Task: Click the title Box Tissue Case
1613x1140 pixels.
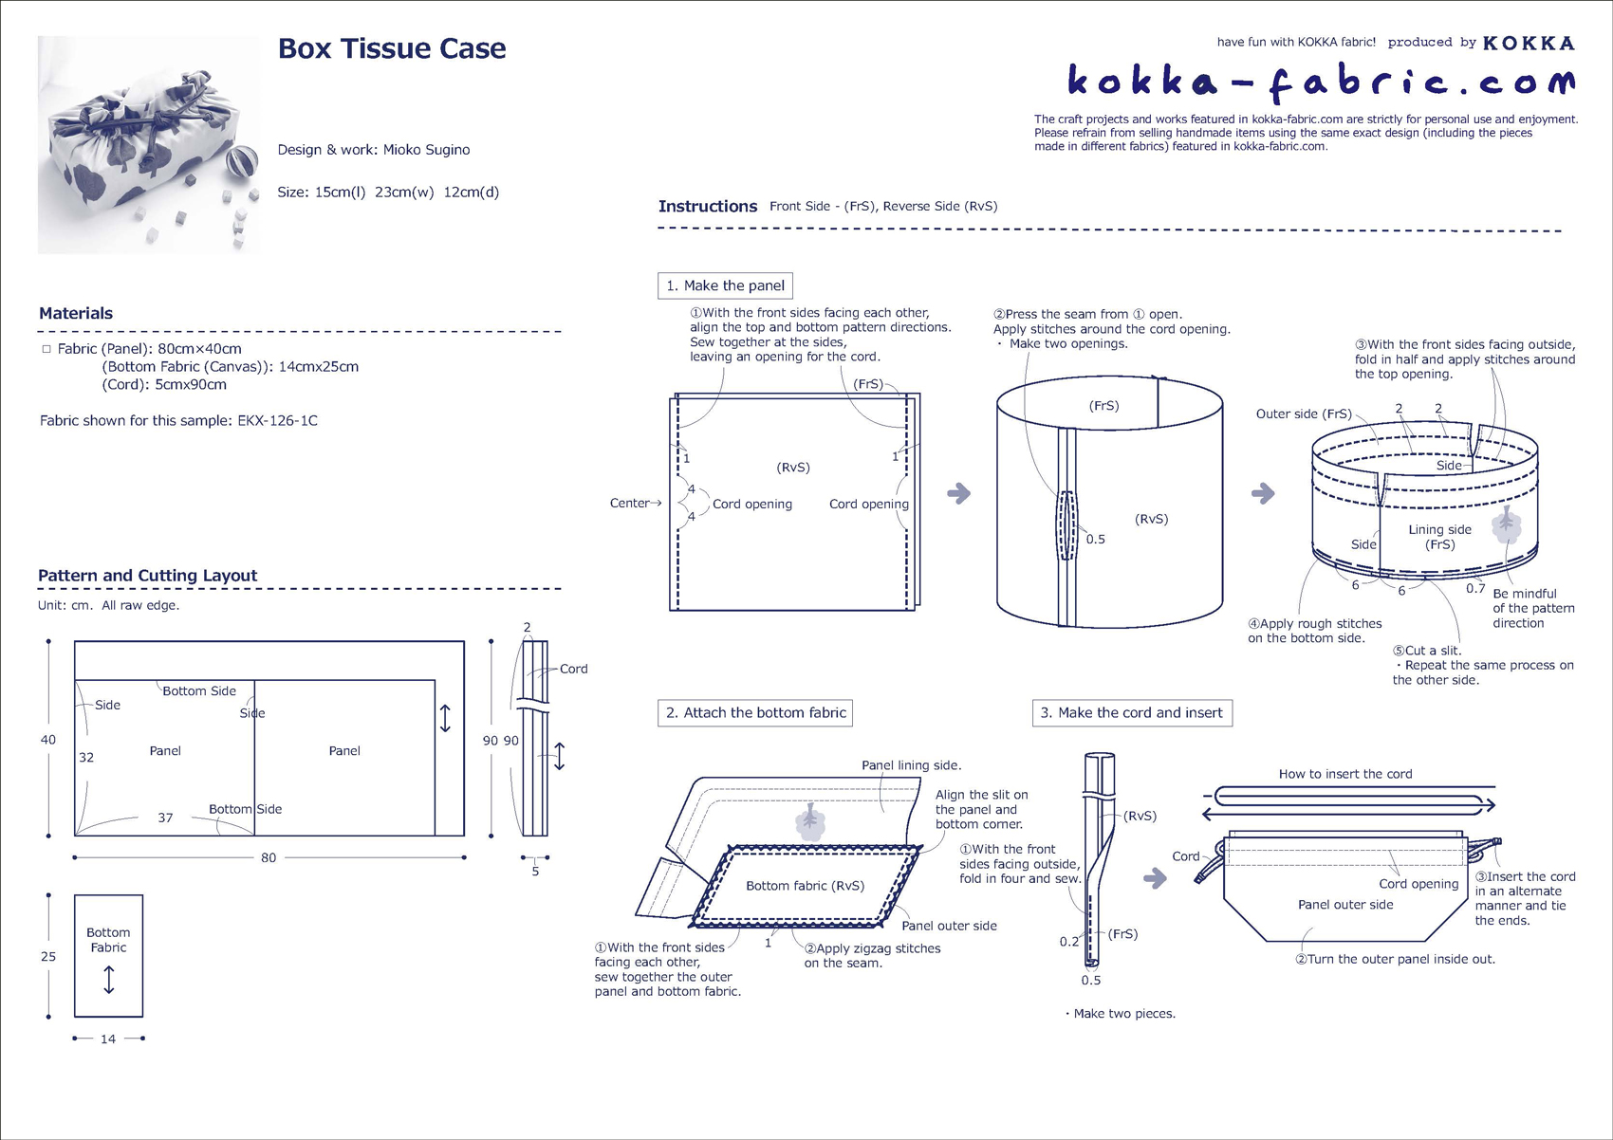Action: coord(391,49)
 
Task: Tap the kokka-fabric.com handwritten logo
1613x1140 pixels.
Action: coord(1320,82)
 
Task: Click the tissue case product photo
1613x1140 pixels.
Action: coord(149,144)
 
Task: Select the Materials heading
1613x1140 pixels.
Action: coord(76,314)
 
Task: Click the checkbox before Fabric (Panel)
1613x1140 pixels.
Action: coord(46,349)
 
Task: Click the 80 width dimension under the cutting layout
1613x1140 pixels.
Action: coord(269,857)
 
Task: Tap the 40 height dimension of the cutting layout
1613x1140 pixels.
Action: coord(48,740)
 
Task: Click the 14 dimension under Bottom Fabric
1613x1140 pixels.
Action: coord(108,1039)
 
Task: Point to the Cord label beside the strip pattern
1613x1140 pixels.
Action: coord(573,669)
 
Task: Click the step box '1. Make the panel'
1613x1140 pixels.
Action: coord(725,285)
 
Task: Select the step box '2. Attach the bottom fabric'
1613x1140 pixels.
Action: coord(755,713)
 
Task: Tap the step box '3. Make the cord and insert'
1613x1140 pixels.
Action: coord(1131,713)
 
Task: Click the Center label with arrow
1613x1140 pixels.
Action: coord(634,504)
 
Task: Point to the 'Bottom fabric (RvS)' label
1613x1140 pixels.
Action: coord(805,886)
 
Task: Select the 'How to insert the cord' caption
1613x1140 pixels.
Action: coord(1344,774)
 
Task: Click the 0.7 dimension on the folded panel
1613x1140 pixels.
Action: coord(1474,588)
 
